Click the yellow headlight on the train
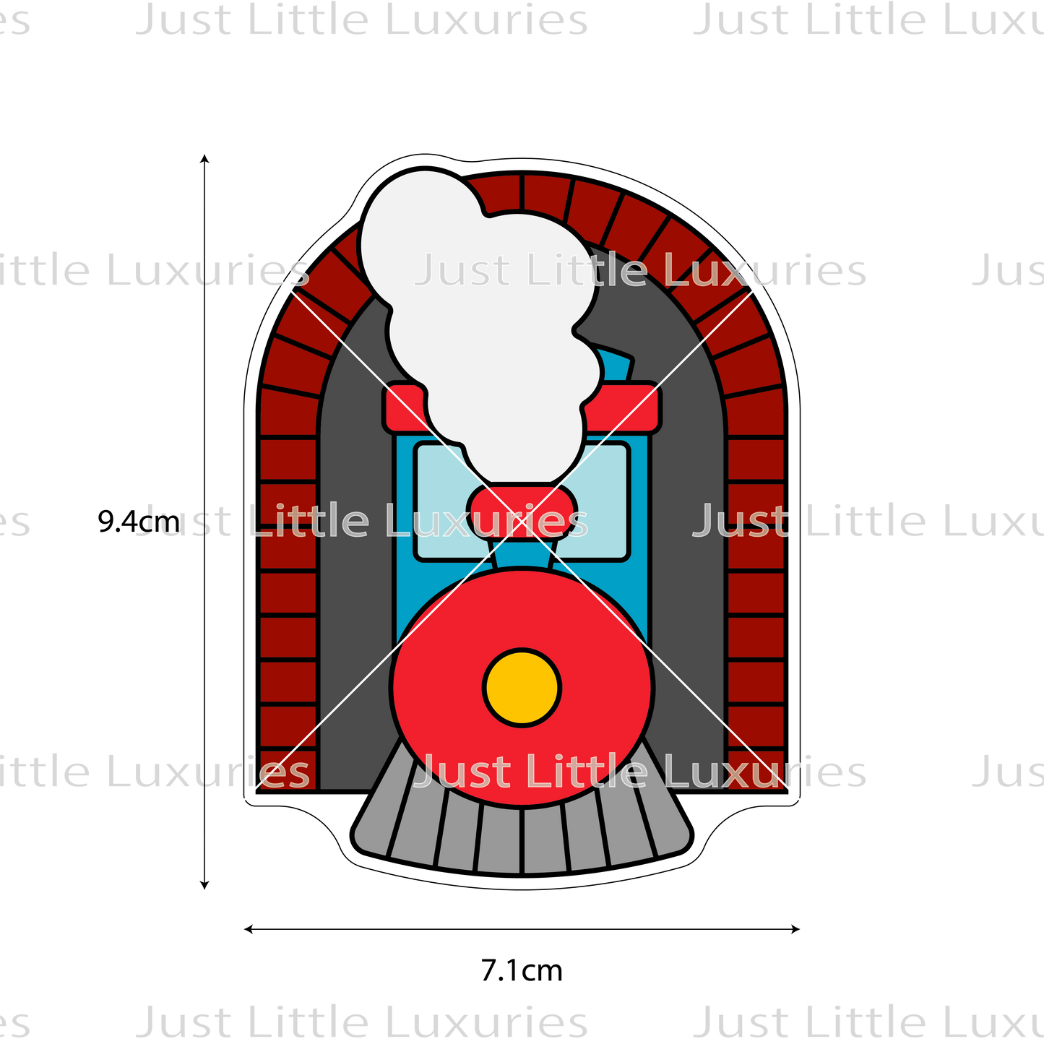[x=522, y=687]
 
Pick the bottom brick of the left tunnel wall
[x=288, y=769]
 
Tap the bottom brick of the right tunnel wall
[x=755, y=769]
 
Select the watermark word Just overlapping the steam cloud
[x=462, y=271]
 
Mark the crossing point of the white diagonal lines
[x=522, y=522]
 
